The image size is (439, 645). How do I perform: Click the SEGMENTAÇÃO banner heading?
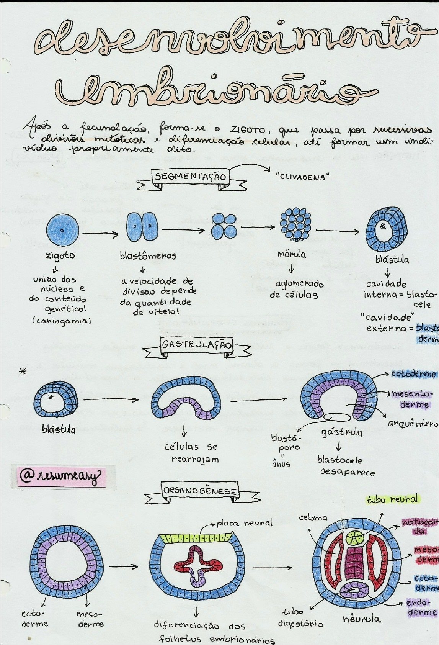[190, 177]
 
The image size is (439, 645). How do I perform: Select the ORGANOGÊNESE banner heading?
[200, 491]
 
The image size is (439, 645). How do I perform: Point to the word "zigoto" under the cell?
[60, 255]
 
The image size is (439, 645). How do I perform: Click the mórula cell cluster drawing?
[295, 224]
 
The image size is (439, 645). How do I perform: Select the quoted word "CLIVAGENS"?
[302, 177]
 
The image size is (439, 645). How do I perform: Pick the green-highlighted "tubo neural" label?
[392, 499]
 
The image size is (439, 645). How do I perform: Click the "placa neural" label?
[244, 523]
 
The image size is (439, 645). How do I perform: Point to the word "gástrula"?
[342, 432]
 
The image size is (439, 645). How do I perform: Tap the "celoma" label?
[313, 518]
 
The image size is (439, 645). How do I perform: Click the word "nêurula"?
[361, 618]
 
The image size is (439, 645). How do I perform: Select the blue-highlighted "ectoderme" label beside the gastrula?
[413, 373]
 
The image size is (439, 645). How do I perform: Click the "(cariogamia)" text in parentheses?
[61, 321]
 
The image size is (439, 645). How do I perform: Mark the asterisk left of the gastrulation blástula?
[23, 370]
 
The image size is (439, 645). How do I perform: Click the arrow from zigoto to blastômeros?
[100, 233]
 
